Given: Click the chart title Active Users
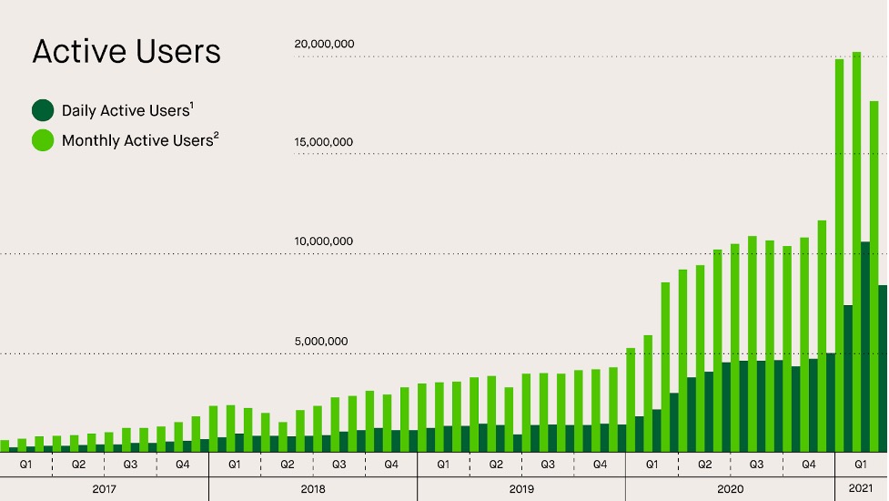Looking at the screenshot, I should (126, 52).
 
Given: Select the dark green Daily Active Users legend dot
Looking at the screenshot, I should (43, 111).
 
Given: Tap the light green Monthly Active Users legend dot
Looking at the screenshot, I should (43, 141).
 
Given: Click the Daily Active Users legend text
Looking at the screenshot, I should (126, 111).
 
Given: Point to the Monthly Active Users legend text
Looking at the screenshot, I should (139, 141).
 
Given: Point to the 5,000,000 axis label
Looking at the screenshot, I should (320, 342).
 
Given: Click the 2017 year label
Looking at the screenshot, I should (105, 489).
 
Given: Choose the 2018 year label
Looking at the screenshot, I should (312, 489).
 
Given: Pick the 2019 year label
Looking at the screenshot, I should (521, 489).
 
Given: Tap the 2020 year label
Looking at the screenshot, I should (730, 489).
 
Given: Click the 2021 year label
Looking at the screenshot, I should (861, 489).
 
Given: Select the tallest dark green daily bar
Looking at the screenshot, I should (865, 346).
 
